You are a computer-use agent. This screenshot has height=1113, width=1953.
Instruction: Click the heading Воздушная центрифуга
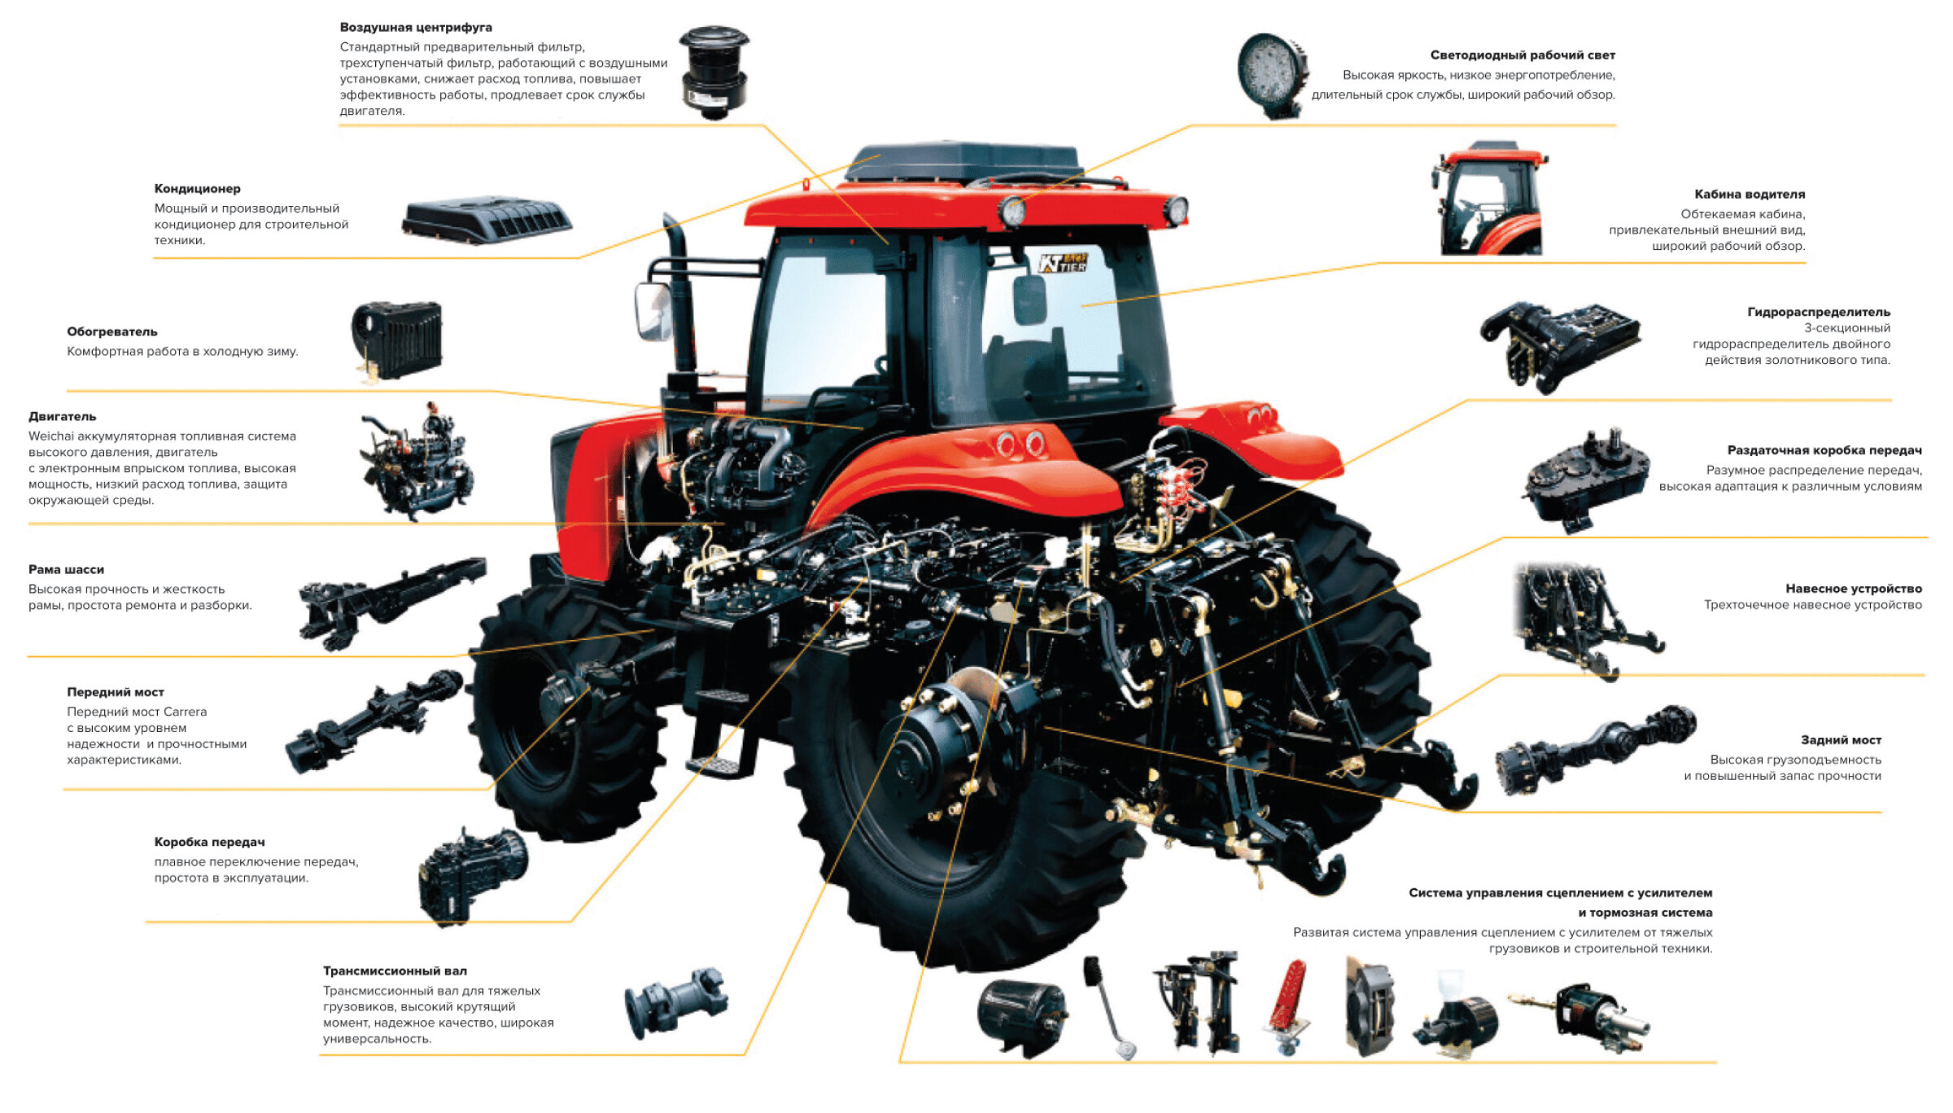416,28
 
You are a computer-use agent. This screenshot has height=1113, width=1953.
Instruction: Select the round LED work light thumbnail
1272,76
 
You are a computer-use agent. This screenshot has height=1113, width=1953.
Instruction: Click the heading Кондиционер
198,189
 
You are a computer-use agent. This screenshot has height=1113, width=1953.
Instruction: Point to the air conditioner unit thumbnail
487,219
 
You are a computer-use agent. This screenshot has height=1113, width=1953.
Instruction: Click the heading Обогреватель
112,332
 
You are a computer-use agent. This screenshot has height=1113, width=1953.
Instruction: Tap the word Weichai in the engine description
51,436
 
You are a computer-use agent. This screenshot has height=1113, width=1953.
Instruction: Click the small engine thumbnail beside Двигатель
417,462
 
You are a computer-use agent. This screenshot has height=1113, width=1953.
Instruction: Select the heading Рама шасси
66,570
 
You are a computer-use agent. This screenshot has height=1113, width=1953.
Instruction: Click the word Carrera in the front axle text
185,712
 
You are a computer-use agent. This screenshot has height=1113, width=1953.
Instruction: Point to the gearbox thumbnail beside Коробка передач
472,878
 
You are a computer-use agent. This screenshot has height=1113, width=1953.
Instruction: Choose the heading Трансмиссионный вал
395,971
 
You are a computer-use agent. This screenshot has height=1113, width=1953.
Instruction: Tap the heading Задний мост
1841,740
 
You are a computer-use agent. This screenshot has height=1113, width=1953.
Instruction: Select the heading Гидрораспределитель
1819,312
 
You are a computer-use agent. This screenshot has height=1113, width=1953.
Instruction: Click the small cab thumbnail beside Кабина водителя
1490,199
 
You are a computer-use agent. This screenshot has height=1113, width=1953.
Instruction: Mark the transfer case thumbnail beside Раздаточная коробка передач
1588,480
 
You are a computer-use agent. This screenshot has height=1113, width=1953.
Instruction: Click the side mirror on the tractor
653,312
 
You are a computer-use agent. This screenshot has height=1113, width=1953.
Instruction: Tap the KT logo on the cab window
1063,263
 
